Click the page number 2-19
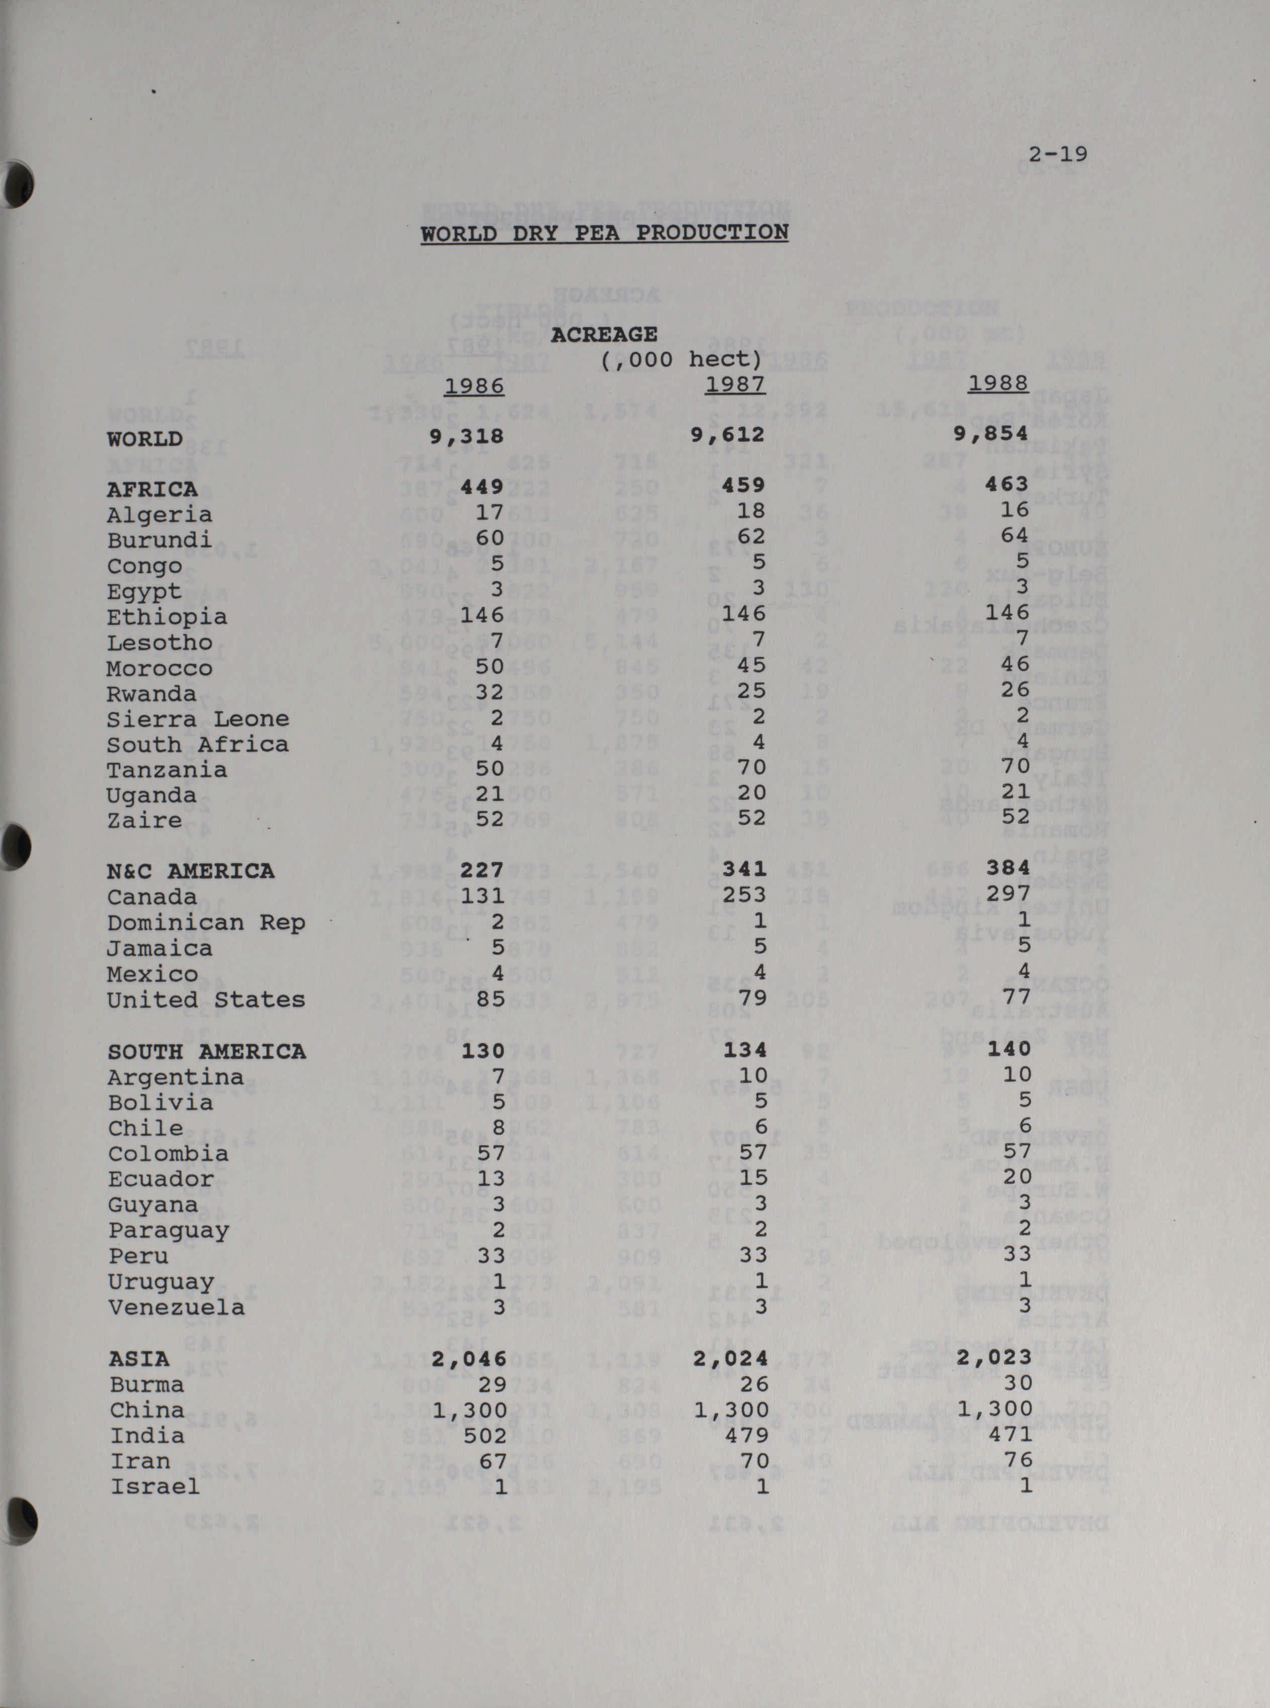coord(1058,154)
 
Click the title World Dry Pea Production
coord(604,232)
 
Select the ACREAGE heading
coord(604,334)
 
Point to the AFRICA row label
coord(152,489)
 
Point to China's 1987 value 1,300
coord(730,1410)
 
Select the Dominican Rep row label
coord(206,923)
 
